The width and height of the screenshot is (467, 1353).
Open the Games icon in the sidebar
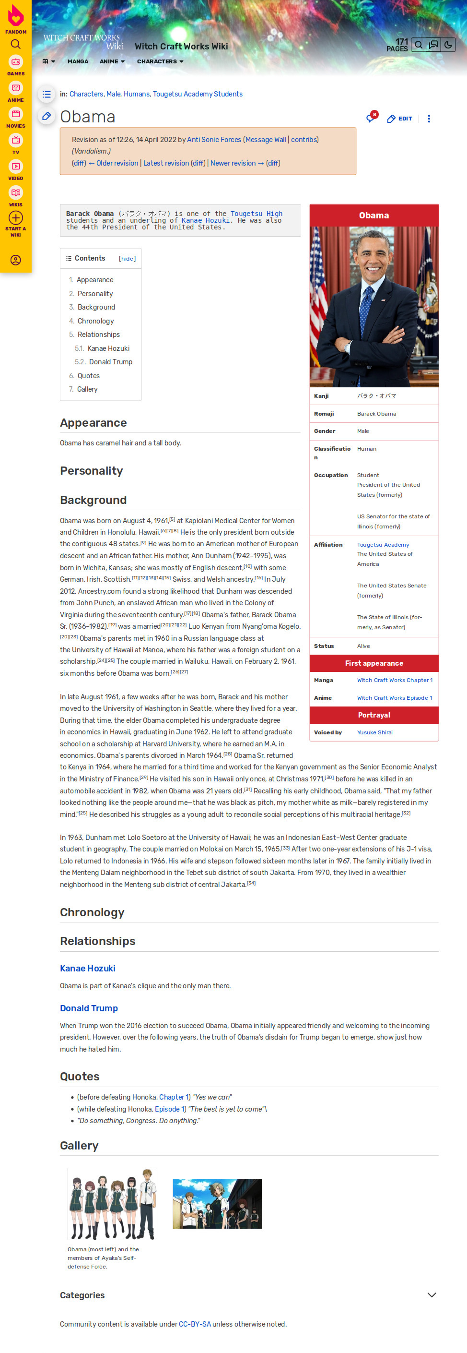coord(16,62)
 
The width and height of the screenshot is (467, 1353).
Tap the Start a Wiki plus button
coord(16,218)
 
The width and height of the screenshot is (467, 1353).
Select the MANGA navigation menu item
coord(78,61)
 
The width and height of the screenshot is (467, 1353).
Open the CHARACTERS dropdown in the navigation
coord(160,61)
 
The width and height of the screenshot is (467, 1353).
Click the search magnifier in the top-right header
coord(418,45)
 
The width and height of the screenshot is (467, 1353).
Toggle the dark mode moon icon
coord(448,45)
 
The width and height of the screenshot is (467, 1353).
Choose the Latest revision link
coord(166,163)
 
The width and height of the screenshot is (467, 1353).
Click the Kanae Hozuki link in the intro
coord(205,221)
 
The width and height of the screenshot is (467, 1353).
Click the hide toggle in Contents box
coord(127,258)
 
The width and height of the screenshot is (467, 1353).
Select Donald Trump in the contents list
coord(110,362)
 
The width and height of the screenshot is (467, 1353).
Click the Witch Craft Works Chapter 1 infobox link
coord(395,680)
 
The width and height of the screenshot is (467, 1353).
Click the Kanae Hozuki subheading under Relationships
coord(88,968)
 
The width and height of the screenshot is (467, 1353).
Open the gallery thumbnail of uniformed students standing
coord(112,1203)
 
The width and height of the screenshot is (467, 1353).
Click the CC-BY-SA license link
coord(195,1324)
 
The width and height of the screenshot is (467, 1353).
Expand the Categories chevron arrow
coord(432,1295)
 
